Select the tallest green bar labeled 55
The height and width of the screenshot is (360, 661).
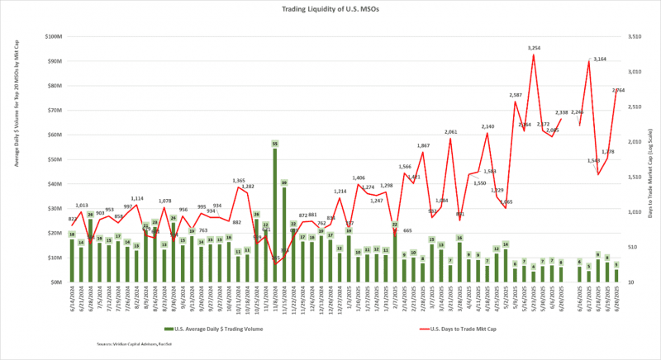coord(274,215)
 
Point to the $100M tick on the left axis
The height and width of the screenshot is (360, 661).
coord(53,37)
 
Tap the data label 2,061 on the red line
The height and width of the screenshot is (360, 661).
coord(450,132)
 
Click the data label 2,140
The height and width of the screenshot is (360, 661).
coord(487,126)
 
